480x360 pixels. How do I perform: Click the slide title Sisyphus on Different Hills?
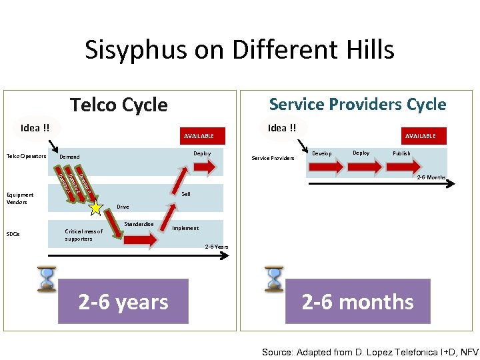click(239, 50)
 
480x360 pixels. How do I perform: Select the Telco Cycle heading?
click(119, 105)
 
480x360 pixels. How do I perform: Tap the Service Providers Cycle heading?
click(357, 104)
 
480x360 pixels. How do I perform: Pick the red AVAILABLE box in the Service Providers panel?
click(420, 135)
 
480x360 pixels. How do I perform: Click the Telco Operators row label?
click(26, 157)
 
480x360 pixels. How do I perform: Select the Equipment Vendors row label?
click(21, 198)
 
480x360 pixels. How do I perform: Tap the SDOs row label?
click(14, 234)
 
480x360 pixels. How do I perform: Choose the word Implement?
click(185, 228)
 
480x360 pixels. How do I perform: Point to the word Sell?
click(186, 194)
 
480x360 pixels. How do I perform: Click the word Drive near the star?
click(123, 207)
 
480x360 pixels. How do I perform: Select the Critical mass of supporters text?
click(83, 235)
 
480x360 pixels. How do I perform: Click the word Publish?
click(401, 153)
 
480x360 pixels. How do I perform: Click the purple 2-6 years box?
click(123, 302)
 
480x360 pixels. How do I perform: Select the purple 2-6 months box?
click(357, 302)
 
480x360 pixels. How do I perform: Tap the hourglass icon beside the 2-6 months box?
click(273, 280)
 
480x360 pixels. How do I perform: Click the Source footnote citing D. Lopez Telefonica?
click(370, 351)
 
